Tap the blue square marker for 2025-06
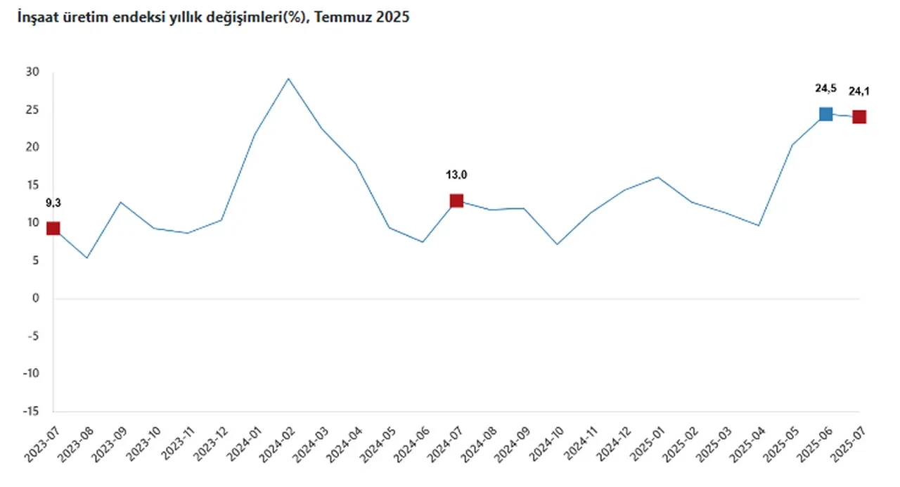point(825,114)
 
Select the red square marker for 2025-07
point(859,117)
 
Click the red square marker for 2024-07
point(456,201)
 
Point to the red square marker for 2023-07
point(53,228)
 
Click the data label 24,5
point(825,88)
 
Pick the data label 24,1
point(859,91)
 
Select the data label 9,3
point(53,203)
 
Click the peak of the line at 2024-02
point(288,78)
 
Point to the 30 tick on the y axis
point(32,72)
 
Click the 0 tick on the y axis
point(35,298)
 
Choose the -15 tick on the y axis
point(31,411)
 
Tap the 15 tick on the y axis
point(32,185)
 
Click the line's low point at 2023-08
point(86,258)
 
